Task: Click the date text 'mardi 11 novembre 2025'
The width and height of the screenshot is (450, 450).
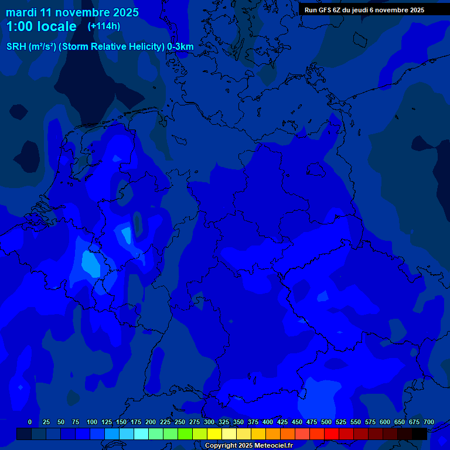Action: [72, 12]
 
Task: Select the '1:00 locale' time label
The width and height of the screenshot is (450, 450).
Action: [41, 26]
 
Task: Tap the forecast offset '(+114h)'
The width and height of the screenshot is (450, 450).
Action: [104, 26]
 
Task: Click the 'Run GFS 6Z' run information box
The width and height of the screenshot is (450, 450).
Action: [364, 9]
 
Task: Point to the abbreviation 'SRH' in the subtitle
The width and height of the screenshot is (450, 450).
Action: [16, 47]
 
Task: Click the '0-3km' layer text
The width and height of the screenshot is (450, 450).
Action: [180, 47]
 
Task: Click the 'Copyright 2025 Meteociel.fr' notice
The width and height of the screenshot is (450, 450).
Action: [248, 445]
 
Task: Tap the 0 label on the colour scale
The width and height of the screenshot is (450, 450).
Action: [30, 422]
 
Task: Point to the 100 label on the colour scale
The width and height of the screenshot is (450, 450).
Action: [92, 422]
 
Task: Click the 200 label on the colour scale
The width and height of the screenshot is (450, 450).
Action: [151, 422]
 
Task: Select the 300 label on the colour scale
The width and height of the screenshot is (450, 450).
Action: [209, 422]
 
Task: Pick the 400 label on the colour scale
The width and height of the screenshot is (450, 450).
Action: [268, 422]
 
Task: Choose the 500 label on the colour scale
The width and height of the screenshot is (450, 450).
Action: [326, 422]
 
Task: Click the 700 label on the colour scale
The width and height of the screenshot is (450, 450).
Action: [429, 422]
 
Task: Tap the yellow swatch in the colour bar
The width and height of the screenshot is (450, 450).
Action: [214, 434]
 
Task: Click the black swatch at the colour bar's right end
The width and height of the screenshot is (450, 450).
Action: [420, 434]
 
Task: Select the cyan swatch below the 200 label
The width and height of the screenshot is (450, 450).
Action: [141, 434]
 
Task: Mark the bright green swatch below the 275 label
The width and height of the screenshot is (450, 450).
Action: [185, 434]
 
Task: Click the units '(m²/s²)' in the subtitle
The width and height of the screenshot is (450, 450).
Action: [43, 47]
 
